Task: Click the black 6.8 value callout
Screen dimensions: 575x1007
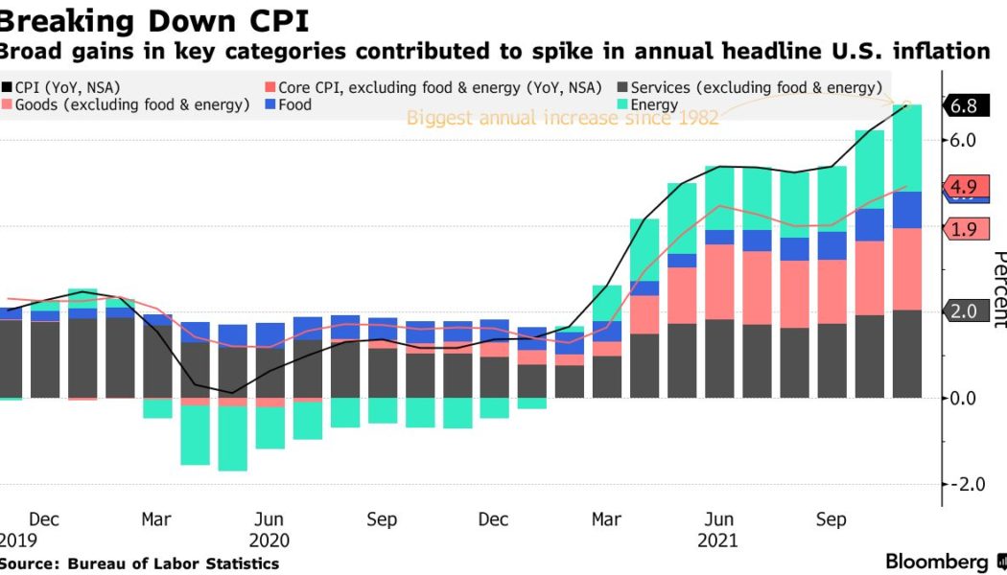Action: click(964, 106)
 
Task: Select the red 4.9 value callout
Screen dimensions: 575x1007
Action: click(964, 187)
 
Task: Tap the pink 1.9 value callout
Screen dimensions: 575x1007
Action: click(964, 228)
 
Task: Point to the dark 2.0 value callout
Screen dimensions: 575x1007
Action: click(964, 310)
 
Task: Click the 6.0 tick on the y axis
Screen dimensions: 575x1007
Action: click(963, 140)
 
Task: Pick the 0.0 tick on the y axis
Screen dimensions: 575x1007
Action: click(963, 398)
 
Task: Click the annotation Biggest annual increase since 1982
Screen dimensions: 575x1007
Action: click(563, 118)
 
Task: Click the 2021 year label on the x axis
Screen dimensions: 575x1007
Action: click(718, 540)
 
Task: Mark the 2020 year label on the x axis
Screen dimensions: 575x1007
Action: click(269, 540)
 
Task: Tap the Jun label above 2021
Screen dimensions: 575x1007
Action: click(718, 519)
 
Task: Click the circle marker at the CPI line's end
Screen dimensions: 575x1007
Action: click(907, 104)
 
